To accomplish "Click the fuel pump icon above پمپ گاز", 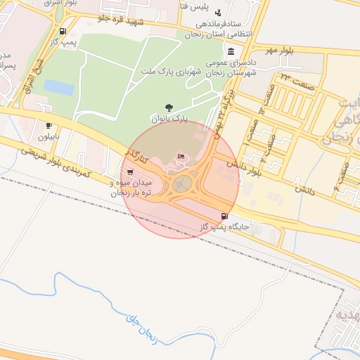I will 64,31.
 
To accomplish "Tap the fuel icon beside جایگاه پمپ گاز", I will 224,216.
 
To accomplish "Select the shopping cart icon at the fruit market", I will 129,171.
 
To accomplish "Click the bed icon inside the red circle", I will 181,156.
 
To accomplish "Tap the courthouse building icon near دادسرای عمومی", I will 232,51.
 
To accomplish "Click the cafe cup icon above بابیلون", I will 49,125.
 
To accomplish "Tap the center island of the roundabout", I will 183,184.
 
